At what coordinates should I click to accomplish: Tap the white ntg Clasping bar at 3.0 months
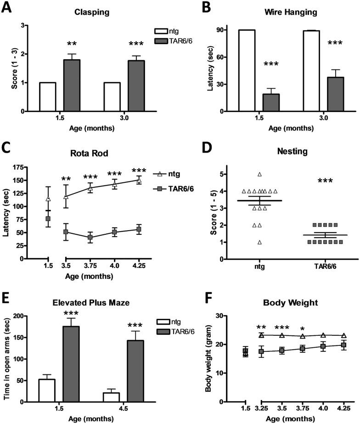[112, 97]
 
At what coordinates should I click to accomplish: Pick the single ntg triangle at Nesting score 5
[260, 175]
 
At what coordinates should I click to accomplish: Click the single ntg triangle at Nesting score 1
[260, 242]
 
